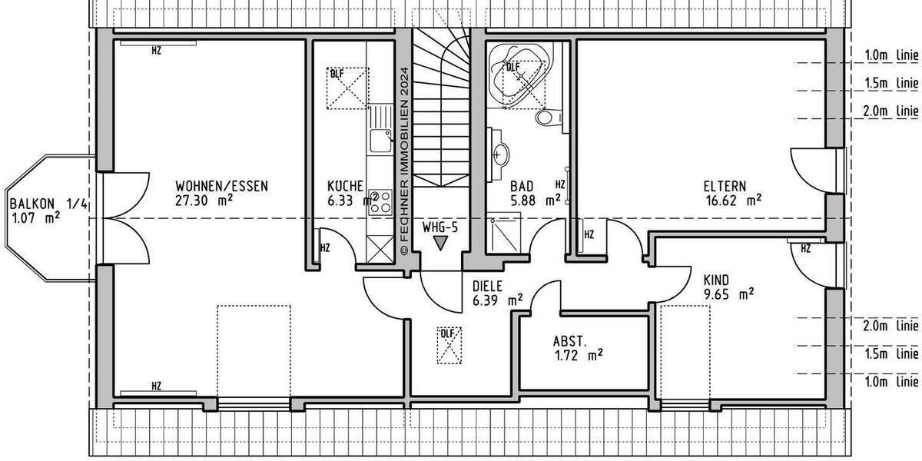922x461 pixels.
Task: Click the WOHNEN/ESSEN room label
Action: click(x=222, y=186)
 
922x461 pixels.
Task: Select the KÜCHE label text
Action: click(x=345, y=186)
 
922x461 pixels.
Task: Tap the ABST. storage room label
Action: click(x=570, y=341)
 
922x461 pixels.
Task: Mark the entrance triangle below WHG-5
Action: click(x=439, y=244)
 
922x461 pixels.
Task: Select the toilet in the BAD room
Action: click(x=546, y=117)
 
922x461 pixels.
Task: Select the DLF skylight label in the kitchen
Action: click(x=337, y=75)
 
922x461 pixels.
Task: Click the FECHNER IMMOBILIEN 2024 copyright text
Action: click(x=404, y=161)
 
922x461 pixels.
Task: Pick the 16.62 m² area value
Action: click(x=732, y=200)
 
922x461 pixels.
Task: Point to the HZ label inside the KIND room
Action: click(x=805, y=249)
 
